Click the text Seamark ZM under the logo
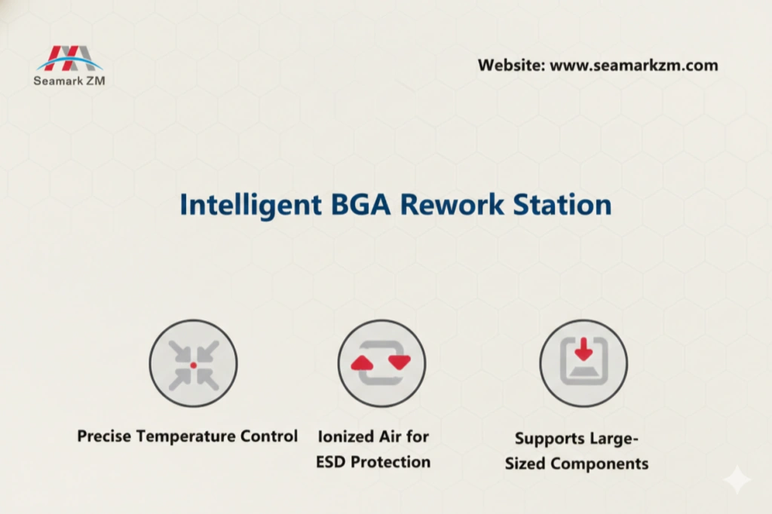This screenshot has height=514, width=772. (69, 81)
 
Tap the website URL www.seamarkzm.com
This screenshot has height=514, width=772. (633, 66)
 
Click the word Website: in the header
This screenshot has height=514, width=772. (510, 66)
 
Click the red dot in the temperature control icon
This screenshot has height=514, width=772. (194, 365)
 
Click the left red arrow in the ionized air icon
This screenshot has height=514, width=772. (362, 363)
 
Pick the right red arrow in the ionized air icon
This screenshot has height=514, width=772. (400, 363)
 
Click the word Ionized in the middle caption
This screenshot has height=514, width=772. (345, 436)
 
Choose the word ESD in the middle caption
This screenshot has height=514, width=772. (331, 461)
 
